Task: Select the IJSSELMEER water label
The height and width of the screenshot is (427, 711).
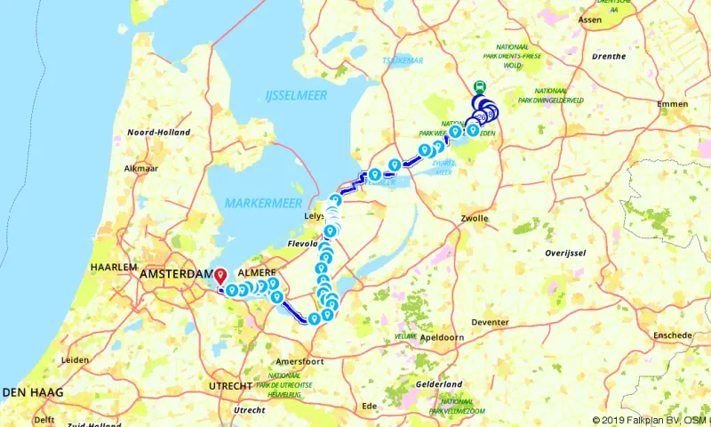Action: coord(296,94)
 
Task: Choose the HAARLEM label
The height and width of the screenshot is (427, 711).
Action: coord(113,267)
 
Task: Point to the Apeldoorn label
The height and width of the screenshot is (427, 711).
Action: coord(445,338)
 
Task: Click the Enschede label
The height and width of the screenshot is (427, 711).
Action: coord(672,335)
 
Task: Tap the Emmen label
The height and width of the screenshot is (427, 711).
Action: coord(673,104)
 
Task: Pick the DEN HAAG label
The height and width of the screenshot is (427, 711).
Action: coord(26,391)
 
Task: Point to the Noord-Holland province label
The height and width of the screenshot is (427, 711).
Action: coord(159,132)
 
